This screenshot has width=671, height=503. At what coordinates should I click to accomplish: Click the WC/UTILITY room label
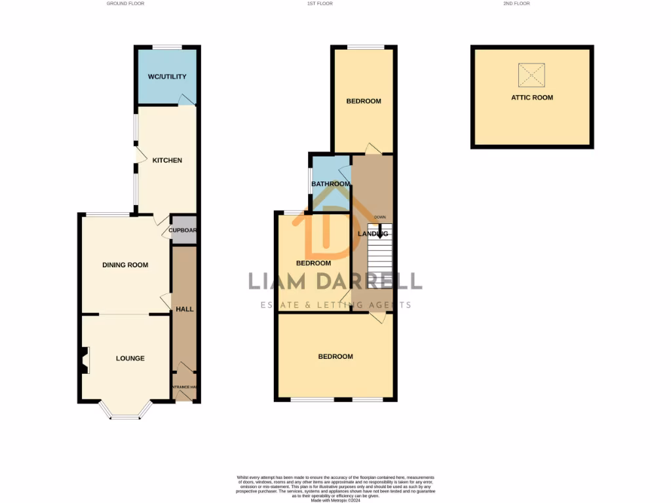[x=167, y=77]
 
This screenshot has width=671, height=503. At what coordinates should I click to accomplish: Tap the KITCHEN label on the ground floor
[x=167, y=160]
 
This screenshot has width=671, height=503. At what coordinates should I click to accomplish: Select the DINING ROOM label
[x=125, y=265]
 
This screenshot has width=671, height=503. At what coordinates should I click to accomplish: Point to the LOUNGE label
[x=130, y=358]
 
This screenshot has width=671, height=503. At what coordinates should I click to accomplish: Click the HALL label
[x=185, y=308]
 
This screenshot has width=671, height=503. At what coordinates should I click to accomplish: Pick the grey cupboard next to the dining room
[x=184, y=231]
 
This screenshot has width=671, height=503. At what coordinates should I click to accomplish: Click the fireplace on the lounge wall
[x=85, y=360]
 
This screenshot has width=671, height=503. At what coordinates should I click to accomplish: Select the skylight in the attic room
[x=531, y=75]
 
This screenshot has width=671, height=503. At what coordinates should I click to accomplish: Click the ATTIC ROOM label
[x=532, y=98]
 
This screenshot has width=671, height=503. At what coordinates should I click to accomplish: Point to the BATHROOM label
[x=330, y=184]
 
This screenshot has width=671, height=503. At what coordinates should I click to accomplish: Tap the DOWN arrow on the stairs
[x=379, y=229]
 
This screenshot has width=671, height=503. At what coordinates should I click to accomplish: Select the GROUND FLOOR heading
[x=125, y=4]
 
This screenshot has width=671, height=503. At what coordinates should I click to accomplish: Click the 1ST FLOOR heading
[x=320, y=4]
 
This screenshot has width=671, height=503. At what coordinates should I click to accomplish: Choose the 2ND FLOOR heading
[x=516, y=4]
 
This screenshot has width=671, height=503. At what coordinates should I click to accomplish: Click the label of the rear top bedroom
[x=364, y=102]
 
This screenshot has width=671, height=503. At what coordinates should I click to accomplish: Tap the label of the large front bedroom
[x=335, y=357]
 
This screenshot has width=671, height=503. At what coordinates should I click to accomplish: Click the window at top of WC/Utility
[x=167, y=47]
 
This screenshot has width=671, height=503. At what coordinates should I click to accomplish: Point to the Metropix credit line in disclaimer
[x=335, y=500]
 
